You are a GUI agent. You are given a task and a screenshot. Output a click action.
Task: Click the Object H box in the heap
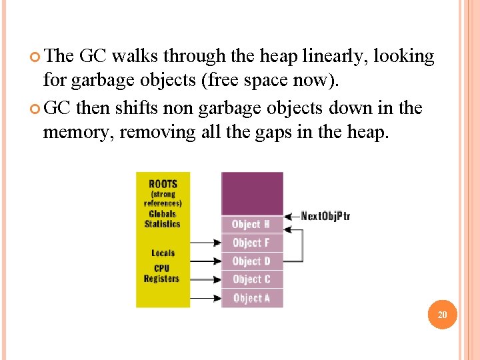251,224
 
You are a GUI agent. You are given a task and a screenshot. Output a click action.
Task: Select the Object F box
251,243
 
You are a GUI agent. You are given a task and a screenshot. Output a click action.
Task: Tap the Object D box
251,261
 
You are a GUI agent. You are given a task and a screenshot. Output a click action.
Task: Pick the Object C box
251,279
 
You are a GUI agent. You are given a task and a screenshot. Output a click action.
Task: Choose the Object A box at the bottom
251,298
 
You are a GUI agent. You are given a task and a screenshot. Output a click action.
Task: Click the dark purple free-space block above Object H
252,193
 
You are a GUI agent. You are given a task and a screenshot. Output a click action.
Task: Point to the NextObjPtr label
325,215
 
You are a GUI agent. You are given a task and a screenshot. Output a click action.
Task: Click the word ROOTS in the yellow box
163,184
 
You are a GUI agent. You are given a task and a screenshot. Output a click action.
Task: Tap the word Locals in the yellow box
163,253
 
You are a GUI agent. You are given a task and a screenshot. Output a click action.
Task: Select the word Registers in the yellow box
162,279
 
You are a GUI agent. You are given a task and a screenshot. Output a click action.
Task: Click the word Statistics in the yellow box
163,224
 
